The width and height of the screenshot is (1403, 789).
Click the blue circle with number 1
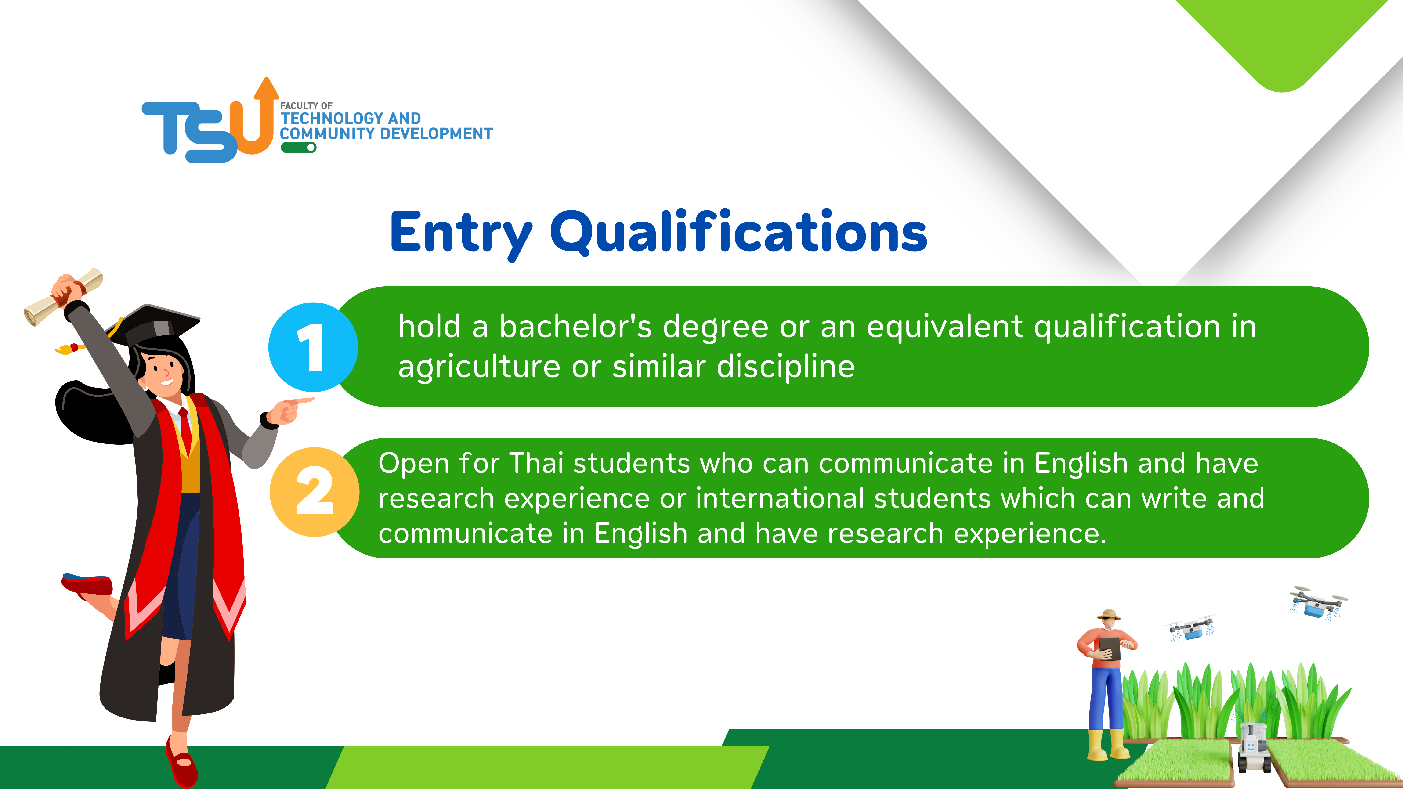coord(313,347)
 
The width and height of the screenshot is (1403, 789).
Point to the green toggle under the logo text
coord(298,148)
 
